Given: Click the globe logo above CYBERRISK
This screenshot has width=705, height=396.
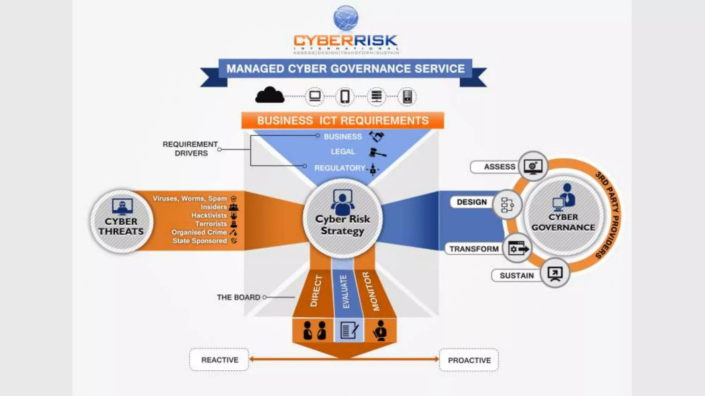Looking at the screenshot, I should (x=346, y=18).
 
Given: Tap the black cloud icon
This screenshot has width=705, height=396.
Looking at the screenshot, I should (x=270, y=95).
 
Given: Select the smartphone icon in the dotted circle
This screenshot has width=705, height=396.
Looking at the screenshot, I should (x=345, y=96).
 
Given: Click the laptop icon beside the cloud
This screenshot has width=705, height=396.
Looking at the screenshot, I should (x=315, y=96).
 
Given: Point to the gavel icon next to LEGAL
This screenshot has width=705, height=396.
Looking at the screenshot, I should (x=377, y=152).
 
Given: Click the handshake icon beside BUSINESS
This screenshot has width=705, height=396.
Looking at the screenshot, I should (x=376, y=136).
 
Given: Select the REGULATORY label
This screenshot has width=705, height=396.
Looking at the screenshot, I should (x=339, y=168).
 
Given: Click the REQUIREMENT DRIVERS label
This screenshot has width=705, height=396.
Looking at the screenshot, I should (x=190, y=149).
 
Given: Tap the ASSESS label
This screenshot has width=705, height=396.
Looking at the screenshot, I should (x=499, y=167).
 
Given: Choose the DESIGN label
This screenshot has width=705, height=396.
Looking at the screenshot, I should (x=472, y=202).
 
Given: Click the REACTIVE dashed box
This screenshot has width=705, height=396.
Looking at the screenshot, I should (x=219, y=360).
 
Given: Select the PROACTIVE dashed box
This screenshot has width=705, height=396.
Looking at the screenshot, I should (x=469, y=360).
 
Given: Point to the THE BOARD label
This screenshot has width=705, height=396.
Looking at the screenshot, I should (x=238, y=297).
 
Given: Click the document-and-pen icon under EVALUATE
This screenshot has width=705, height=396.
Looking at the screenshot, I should (x=349, y=330).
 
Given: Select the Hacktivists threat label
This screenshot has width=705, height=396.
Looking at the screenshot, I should (x=209, y=216).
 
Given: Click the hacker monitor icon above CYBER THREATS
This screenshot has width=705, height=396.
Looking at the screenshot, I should (x=122, y=207).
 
